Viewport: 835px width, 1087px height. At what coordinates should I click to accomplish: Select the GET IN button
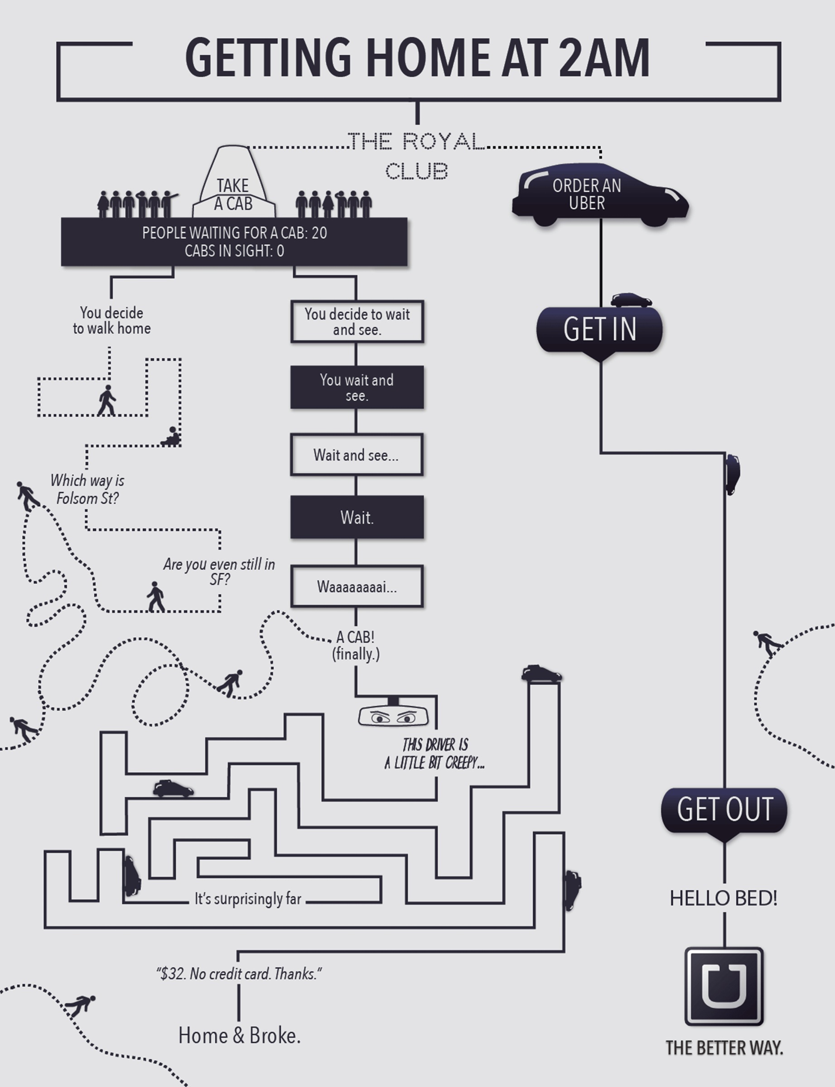coord(599,329)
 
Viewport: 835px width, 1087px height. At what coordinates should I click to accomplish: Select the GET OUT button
coord(724,810)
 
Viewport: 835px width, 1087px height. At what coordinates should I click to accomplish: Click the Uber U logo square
coord(724,986)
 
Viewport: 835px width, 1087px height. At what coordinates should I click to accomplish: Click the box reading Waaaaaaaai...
coord(357,587)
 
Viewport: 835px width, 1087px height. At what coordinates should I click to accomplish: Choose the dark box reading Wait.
coord(357,517)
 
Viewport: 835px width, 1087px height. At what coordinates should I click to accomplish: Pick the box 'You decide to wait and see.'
coord(357,322)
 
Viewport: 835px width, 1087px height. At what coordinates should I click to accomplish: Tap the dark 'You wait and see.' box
coord(357,388)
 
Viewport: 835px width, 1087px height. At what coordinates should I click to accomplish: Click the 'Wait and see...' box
coord(357,455)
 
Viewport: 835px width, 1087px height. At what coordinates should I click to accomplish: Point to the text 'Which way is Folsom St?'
coord(87,489)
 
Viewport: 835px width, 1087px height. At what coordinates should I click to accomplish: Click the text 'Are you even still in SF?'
coord(219,571)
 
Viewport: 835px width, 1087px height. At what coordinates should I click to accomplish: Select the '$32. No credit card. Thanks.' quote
coord(239,974)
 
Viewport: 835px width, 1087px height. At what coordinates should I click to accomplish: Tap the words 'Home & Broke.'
coord(239,1036)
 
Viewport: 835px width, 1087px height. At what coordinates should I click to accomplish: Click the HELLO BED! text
coord(723,898)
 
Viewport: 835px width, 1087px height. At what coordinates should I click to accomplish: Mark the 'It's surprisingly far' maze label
coord(247,899)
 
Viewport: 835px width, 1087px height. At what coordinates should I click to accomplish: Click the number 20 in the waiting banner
coord(319,232)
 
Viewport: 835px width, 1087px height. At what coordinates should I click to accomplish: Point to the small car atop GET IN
coord(631,300)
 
